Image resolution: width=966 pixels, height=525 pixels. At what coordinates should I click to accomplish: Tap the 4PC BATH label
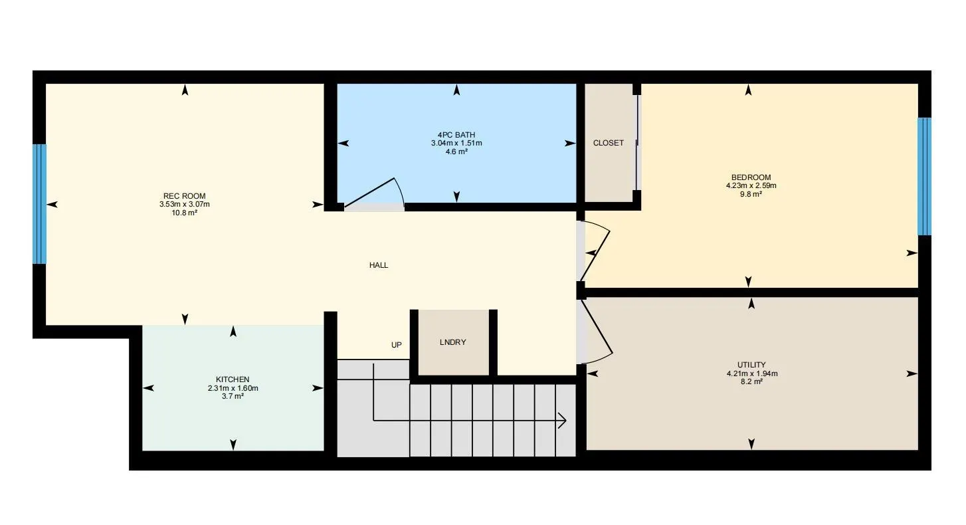pos(456,134)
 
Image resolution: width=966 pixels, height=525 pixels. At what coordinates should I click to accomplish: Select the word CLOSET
pos(609,143)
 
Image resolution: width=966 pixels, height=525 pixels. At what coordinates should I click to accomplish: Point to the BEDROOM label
pos(751,177)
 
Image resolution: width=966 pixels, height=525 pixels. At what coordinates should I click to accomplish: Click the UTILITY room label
pos(751,365)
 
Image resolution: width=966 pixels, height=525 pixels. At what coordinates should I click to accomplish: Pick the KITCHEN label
pos(233,379)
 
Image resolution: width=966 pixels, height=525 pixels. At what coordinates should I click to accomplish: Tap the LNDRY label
pos(453,342)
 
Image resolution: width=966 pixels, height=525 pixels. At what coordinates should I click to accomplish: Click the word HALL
pos(379,265)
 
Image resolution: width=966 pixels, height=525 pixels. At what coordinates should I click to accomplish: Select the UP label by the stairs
pos(397,345)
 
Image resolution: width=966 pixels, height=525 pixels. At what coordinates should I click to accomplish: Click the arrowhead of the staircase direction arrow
pos(561,420)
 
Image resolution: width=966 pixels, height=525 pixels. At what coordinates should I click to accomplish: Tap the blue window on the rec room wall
pos(40,204)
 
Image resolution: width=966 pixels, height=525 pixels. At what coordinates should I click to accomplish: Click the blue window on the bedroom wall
pos(924,176)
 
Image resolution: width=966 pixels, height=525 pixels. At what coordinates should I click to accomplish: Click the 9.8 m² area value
pos(751,194)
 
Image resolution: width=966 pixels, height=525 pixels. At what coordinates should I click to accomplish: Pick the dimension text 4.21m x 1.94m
pos(751,373)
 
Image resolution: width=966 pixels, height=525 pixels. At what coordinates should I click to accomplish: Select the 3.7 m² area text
pos(233,396)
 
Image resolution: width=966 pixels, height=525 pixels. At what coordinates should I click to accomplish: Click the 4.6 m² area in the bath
pos(456,152)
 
